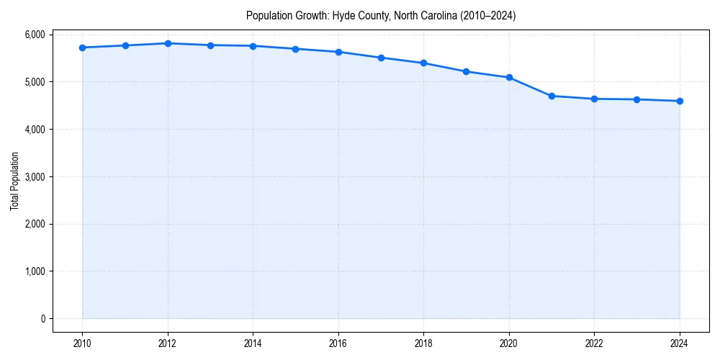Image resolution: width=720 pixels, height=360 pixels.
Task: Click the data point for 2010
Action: [x=83, y=48]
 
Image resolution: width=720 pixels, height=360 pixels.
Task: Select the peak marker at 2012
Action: [x=168, y=43]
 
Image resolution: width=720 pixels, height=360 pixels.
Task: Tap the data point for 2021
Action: [x=552, y=96]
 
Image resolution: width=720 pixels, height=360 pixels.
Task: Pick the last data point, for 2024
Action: [x=680, y=101]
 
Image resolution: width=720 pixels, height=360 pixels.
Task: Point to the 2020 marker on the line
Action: [x=509, y=77]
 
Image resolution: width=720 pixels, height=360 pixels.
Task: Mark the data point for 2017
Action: [x=381, y=58]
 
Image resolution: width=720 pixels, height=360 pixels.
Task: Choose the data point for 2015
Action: [x=296, y=49]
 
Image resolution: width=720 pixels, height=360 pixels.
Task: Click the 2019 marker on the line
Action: [x=467, y=71]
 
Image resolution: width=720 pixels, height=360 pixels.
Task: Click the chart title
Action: [x=381, y=15]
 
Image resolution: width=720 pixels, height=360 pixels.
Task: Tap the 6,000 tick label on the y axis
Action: [x=34, y=35]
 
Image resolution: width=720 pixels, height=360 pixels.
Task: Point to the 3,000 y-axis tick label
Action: [x=34, y=176]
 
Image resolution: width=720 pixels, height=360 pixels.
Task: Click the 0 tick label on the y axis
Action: [x=42, y=319]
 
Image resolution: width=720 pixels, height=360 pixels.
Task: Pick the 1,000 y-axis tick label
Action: [x=34, y=271]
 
